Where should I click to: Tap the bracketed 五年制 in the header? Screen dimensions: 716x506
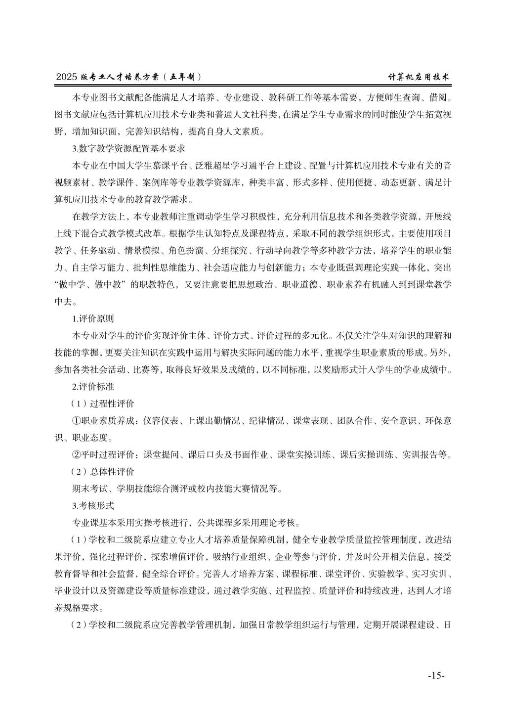coord(184,77)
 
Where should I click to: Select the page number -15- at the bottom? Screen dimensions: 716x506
coord(436,676)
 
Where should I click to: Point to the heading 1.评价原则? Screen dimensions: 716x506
coord(93,319)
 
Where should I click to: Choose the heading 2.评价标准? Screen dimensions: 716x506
coord(93,387)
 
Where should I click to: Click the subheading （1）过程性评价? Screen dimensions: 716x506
coord(103,403)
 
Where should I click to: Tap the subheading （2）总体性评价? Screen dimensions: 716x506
coord(103,471)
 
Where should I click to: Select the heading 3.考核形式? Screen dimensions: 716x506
coord(93,505)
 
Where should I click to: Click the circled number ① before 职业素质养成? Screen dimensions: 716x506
coord(77,421)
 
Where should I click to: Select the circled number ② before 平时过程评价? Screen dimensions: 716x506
coord(77,454)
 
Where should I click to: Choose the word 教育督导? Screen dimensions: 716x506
coord(72,574)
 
